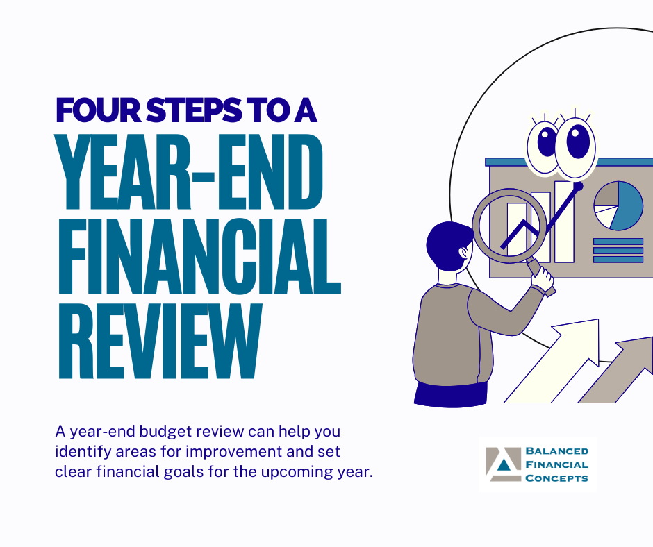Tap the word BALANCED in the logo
point(557,451)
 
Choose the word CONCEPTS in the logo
point(557,478)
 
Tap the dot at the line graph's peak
point(578,185)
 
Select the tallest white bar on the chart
point(564,222)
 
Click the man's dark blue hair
point(445,242)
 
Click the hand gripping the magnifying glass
point(542,278)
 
